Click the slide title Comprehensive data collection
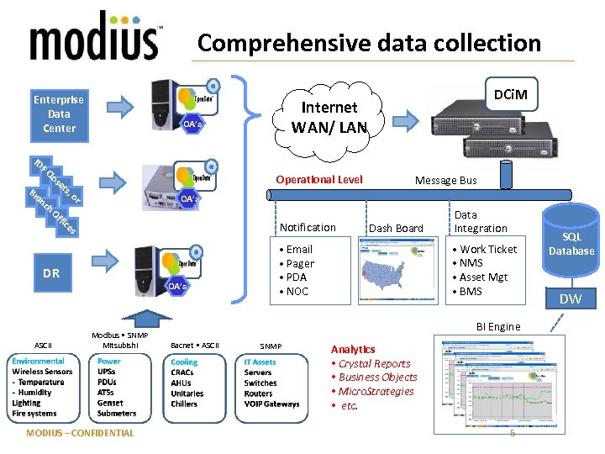pos(369,43)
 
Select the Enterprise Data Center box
pos(59,113)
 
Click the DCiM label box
pos(510,94)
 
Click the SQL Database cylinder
pos(571,244)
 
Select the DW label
pos(571,298)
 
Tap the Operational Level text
pos(319,179)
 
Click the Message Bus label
pos(445,180)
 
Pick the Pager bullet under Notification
pos(300,263)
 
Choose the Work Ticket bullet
pos(488,250)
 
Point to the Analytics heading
pos(353,349)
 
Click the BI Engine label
pos(498,326)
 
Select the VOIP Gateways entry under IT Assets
pos(271,404)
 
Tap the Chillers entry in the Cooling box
pos(185,404)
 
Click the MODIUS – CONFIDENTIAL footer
pos(80,433)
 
